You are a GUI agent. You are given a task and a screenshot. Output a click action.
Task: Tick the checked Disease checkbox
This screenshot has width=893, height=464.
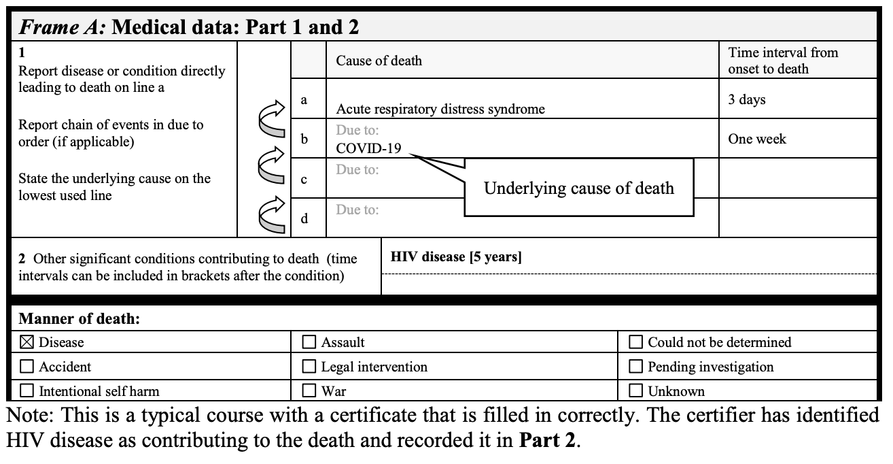point(27,342)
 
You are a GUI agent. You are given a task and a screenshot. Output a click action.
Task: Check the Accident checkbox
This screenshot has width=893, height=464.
point(27,366)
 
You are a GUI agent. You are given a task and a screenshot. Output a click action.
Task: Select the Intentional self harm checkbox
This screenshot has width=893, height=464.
point(27,391)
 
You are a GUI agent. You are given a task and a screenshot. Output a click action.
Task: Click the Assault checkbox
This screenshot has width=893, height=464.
point(309,342)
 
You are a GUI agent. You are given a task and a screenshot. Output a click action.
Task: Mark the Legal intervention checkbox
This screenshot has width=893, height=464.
point(309,366)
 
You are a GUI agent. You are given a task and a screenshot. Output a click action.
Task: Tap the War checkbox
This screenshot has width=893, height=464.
point(309,391)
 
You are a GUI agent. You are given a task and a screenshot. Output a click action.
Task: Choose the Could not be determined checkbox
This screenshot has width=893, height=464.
point(635,342)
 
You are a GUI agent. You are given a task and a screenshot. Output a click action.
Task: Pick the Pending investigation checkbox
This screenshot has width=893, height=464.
point(635,366)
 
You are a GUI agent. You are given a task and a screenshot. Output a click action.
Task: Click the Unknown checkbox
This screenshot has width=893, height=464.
point(635,391)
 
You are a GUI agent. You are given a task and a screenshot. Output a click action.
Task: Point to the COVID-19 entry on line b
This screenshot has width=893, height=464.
point(368,148)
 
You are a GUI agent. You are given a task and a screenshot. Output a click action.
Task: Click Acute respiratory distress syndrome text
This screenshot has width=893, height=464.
point(440,109)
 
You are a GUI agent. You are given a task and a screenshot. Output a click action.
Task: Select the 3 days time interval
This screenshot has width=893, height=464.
point(747,99)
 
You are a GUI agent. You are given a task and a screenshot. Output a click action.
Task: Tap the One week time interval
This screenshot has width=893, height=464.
point(757,139)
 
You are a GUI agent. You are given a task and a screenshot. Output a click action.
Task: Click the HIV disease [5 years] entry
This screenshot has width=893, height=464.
point(455,257)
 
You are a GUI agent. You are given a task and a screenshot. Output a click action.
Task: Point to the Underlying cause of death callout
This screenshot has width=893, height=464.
point(579,188)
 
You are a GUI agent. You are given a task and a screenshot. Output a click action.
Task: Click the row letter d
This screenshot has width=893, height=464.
point(304,218)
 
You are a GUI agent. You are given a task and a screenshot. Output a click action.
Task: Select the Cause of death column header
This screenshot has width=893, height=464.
point(379,61)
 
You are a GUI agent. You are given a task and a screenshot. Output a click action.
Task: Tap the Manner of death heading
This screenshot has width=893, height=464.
point(80,318)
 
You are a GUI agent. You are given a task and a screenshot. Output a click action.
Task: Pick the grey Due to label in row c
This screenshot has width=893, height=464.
point(357,169)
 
